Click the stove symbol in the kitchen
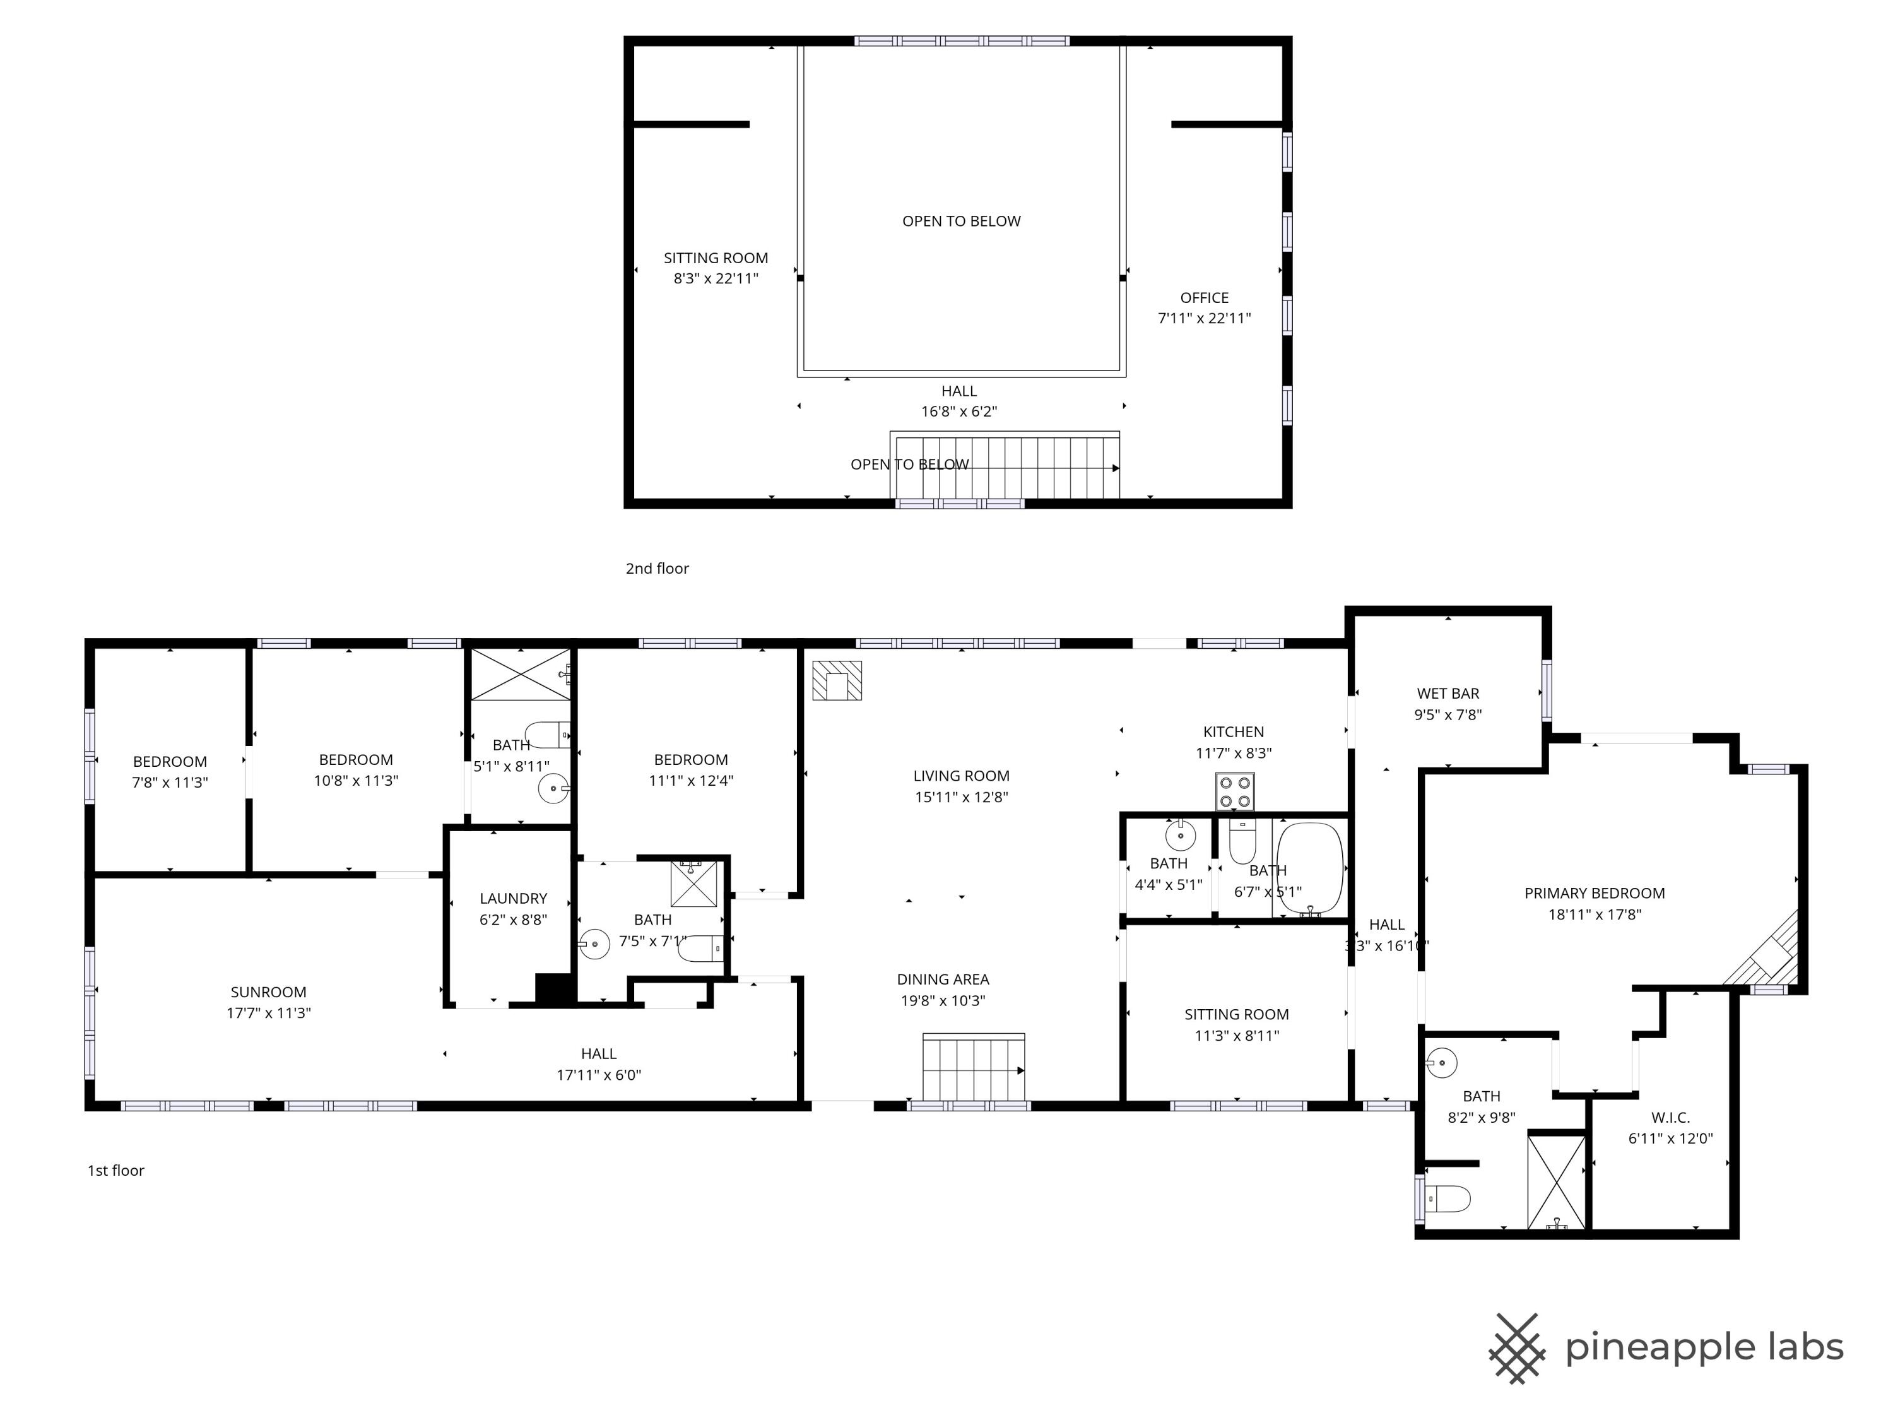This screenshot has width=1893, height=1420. (1235, 791)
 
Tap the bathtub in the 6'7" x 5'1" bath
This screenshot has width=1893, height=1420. (1309, 870)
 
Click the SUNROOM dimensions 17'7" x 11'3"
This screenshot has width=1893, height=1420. (268, 1012)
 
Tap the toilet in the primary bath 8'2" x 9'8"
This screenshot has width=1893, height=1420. (1448, 1198)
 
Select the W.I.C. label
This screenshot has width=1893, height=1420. (1670, 1117)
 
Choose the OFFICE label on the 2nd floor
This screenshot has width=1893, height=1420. (1203, 298)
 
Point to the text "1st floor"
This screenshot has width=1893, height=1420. (115, 1170)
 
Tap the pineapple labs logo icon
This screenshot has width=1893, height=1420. (1516, 1347)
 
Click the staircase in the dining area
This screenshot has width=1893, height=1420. (973, 1068)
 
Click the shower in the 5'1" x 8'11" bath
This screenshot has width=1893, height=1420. (519, 675)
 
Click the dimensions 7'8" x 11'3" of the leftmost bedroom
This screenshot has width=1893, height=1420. (170, 783)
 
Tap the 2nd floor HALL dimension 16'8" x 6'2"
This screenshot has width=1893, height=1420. (958, 411)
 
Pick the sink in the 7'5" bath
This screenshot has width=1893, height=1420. (594, 945)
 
